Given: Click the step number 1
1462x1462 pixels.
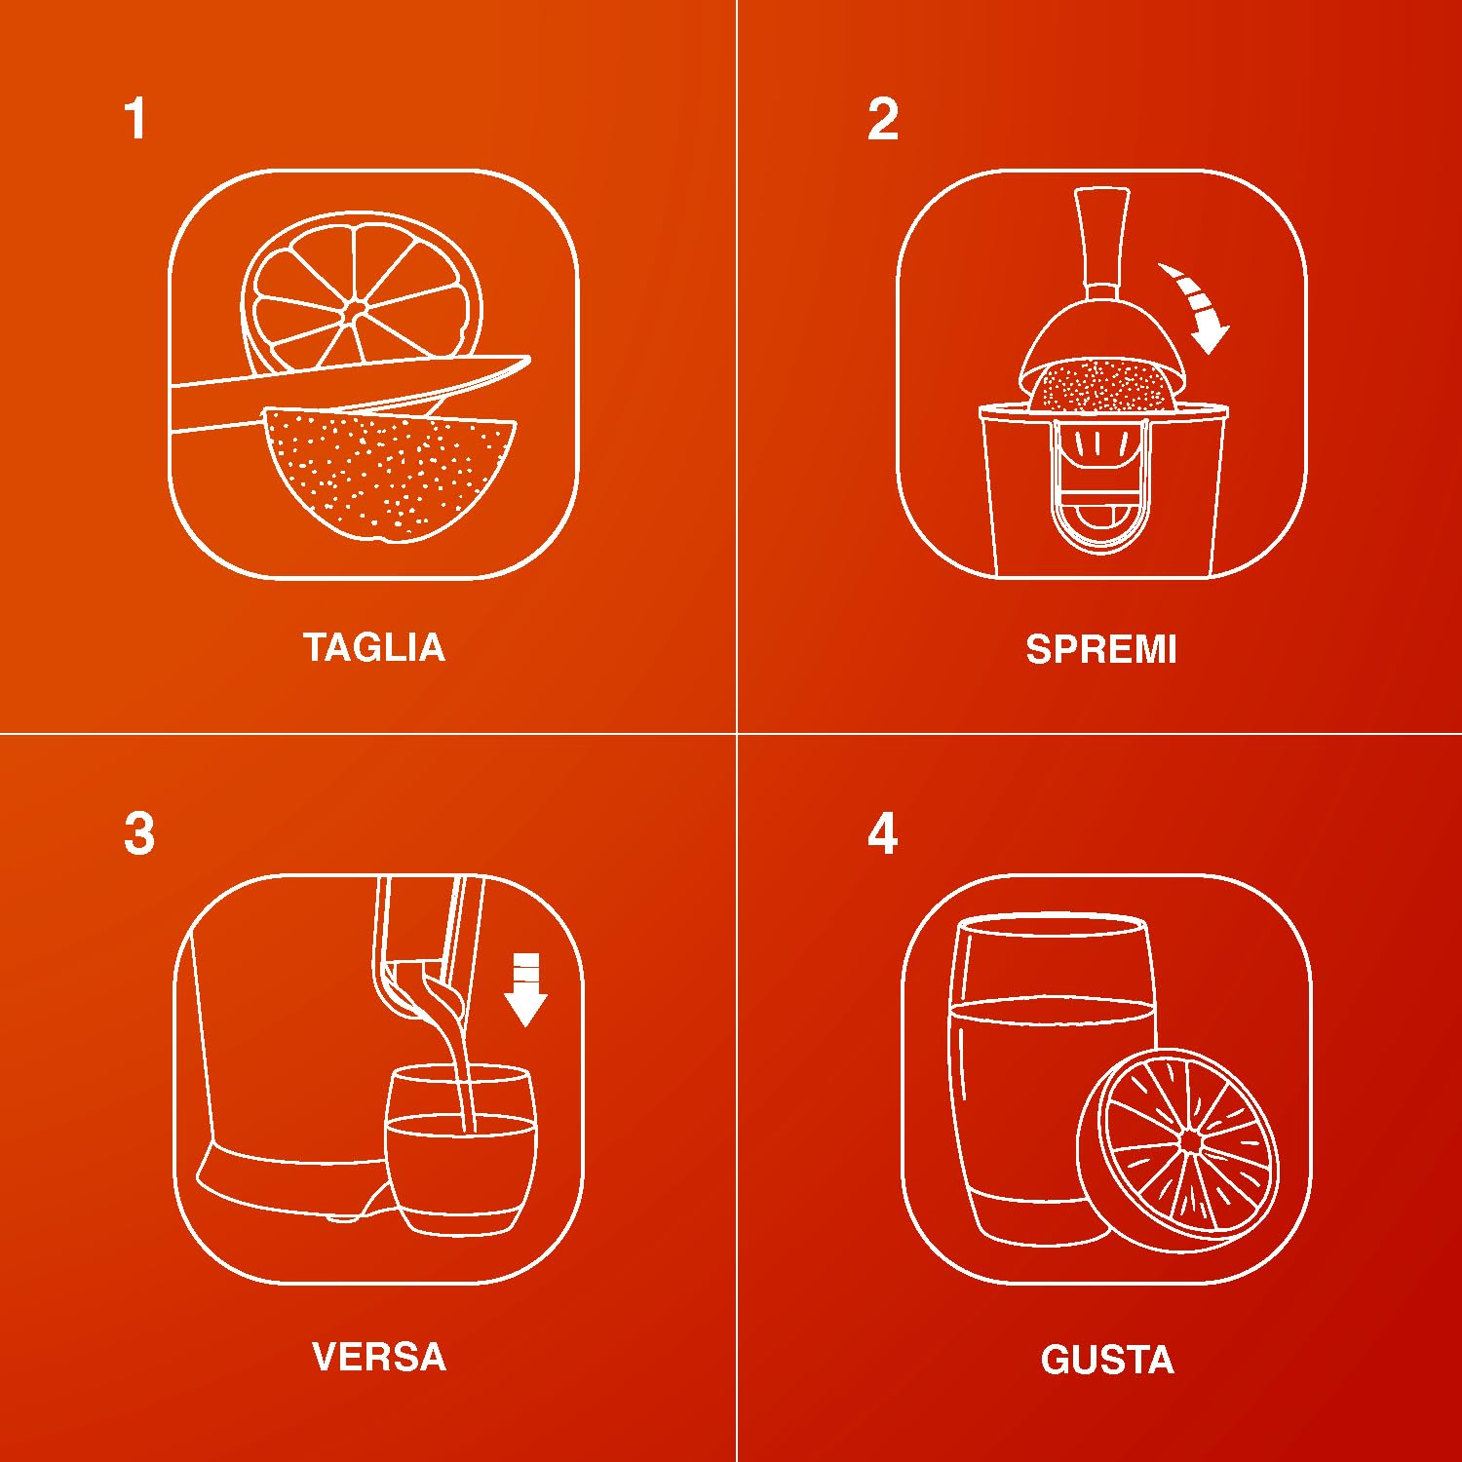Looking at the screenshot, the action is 135,119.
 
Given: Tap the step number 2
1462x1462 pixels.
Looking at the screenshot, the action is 883,119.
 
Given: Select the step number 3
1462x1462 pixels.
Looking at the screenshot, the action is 139,834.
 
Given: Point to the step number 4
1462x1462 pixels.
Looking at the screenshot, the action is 883,834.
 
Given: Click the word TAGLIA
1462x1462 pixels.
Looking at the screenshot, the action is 374,648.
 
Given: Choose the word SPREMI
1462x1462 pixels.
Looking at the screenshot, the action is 1101,649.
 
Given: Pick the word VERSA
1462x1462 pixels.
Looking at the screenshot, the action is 379,1357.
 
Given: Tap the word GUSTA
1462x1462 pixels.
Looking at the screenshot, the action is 1107,1360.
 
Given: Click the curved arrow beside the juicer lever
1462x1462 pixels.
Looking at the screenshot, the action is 1199,302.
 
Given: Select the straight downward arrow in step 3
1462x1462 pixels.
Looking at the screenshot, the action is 526,989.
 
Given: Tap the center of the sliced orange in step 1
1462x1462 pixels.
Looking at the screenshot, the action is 355,310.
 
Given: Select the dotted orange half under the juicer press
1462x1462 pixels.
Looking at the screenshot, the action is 1101,385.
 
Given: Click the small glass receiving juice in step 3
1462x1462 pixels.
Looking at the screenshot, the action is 460,1150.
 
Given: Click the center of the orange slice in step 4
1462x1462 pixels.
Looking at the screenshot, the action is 1190,1140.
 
